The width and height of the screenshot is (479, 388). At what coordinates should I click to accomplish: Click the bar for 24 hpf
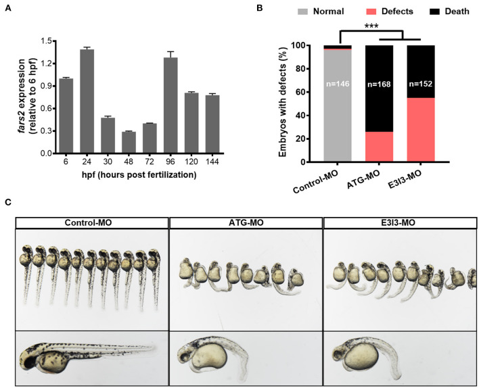(87, 101)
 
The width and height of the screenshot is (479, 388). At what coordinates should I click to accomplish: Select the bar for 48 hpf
(129, 143)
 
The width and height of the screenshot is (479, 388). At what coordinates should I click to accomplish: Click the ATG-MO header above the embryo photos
(245, 222)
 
